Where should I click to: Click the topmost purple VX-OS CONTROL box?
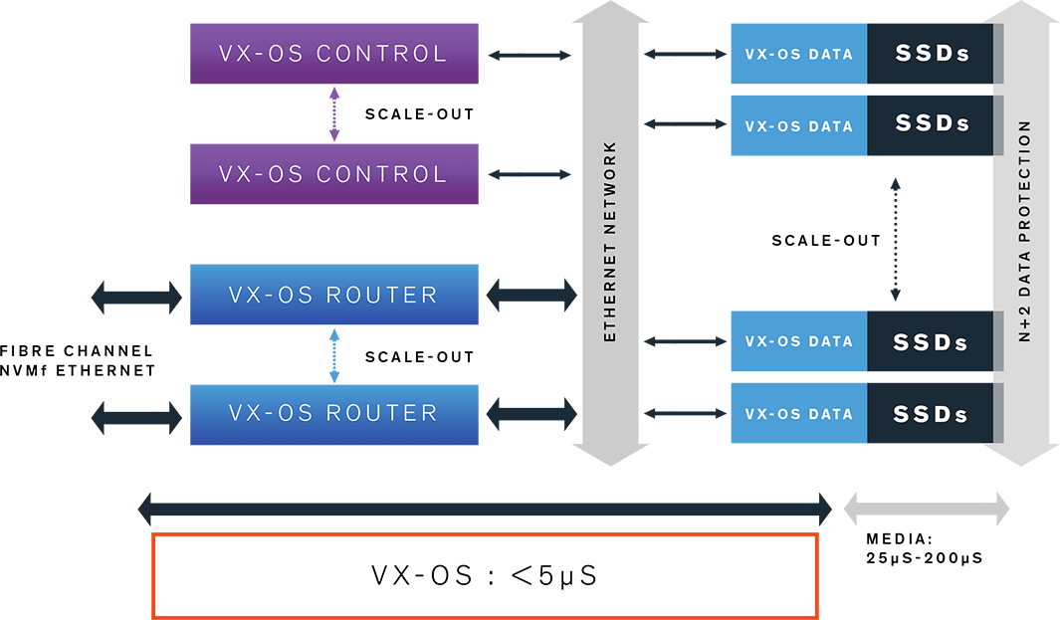333,54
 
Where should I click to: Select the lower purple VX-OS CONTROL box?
333,174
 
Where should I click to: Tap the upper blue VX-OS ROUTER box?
333,295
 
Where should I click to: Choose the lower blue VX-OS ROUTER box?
333,413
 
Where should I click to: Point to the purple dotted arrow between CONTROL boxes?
334,113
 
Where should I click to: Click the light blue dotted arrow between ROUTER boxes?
334,354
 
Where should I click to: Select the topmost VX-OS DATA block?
799,55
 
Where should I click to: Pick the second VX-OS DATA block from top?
799,126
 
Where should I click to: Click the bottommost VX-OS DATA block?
799,414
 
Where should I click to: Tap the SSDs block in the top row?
932,55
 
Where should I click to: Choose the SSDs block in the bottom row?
932,414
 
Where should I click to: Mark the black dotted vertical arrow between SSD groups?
895,240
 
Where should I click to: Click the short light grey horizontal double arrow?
926,510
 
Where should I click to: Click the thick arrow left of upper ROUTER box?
136,296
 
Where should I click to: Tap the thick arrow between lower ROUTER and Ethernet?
530,413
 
